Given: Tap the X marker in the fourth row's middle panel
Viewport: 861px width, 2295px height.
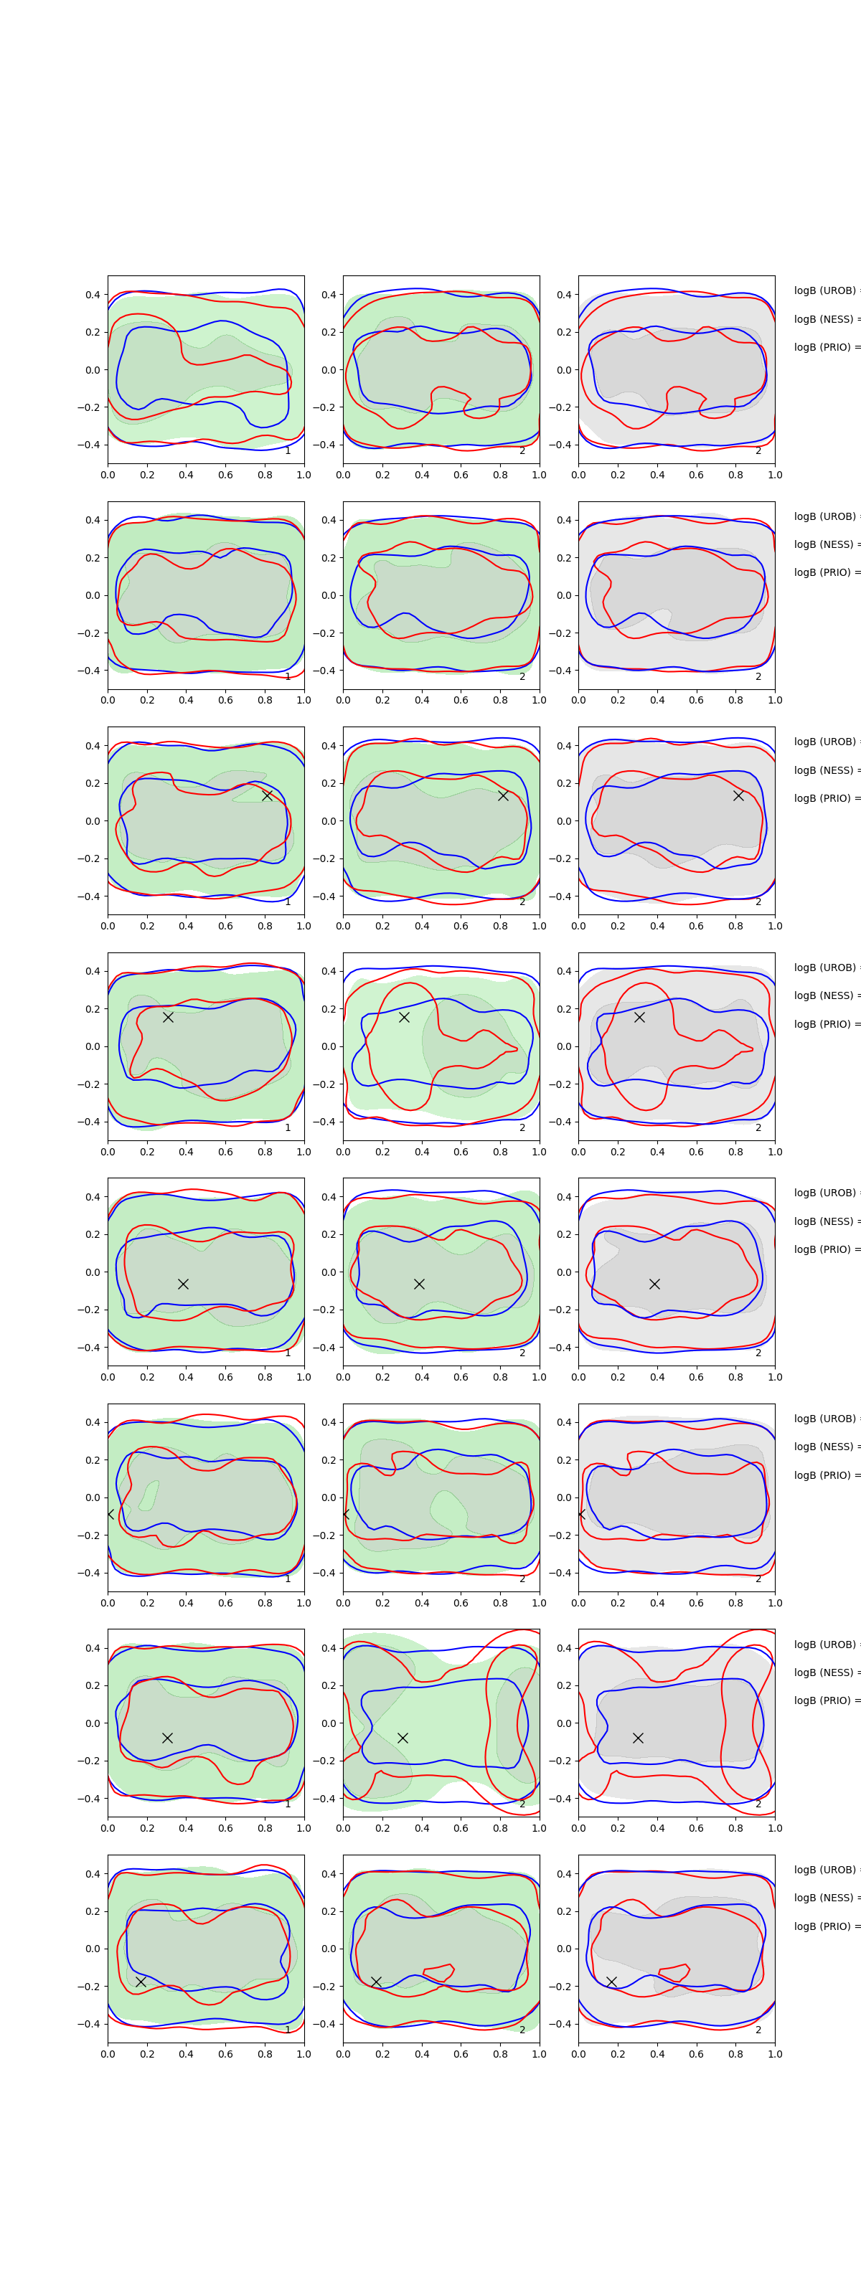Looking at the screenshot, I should tap(404, 1016).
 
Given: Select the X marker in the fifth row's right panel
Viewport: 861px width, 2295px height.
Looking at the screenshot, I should tap(654, 1284).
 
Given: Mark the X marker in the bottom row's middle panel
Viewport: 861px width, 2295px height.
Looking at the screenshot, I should tap(376, 1982).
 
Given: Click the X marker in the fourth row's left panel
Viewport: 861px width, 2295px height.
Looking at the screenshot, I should tap(168, 1016).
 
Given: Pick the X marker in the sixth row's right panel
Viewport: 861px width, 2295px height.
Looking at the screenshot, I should tap(581, 1514).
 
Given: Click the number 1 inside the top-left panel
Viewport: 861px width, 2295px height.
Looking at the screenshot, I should tap(287, 451).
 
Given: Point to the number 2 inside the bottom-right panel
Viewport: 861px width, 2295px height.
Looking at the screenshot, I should tap(758, 2030).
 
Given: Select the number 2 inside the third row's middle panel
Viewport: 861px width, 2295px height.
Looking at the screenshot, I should tap(522, 902).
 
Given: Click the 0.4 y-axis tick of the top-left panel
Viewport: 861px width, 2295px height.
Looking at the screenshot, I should tap(93, 295).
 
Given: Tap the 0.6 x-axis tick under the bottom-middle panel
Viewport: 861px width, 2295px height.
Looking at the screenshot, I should tap(461, 2053).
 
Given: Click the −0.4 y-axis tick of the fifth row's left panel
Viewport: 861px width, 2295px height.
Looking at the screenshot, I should tap(89, 1347).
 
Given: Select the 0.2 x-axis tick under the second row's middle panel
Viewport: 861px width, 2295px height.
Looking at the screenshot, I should tap(382, 700).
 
